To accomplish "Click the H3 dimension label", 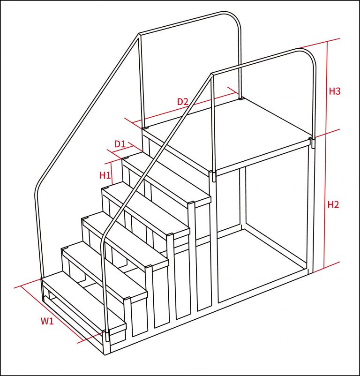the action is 335,91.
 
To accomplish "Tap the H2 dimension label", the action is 333,205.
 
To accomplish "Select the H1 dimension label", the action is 105,175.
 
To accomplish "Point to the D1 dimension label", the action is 120,144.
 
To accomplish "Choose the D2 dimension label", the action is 183,102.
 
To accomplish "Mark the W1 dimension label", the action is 47,321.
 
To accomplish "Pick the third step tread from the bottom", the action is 125,240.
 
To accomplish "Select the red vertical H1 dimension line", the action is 112,173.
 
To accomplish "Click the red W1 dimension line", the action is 52,314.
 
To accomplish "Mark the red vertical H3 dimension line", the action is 327,88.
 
